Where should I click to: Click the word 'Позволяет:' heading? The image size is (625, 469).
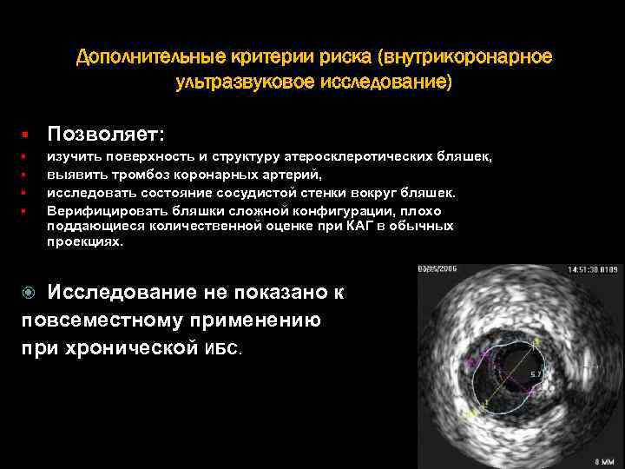coord(106,135)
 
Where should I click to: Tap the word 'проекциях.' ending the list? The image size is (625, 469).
coord(85,242)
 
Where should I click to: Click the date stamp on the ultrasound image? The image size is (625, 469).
coord(439,270)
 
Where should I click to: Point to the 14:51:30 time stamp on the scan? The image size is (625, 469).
coord(586,270)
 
